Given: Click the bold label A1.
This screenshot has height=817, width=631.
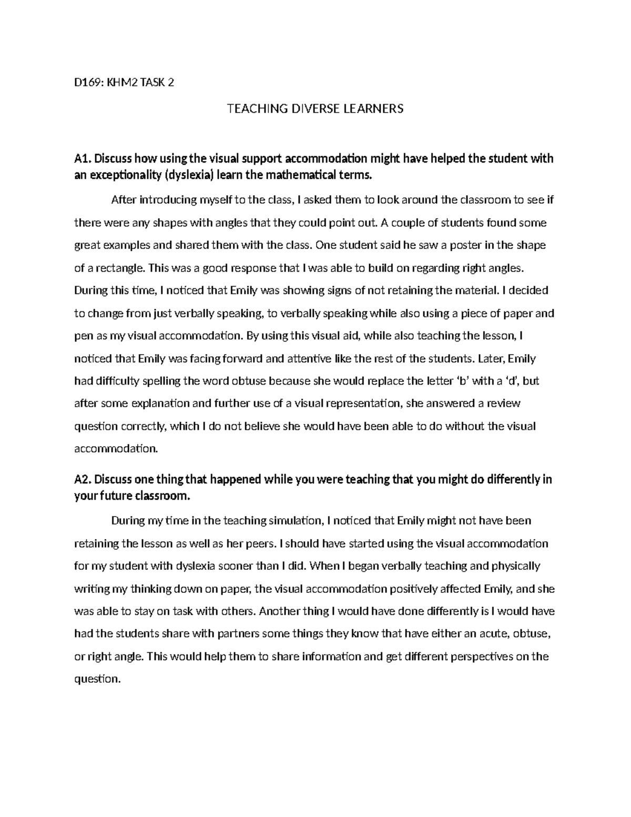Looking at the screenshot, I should [83, 159].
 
